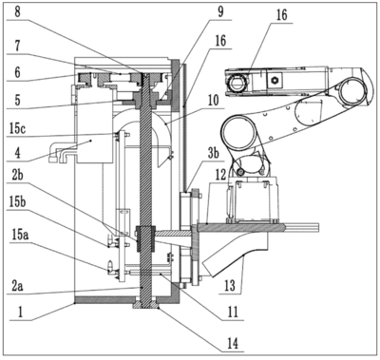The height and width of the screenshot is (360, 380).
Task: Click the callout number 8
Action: (x=18, y=13)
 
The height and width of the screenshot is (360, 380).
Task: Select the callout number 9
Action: (x=220, y=11)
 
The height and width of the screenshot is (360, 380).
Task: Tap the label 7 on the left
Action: (x=18, y=47)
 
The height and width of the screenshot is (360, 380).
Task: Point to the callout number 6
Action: (x=17, y=72)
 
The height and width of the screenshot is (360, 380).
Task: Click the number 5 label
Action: (x=17, y=100)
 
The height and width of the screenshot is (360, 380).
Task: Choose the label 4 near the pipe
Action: (x=18, y=153)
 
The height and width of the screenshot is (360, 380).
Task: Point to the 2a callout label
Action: (x=17, y=287)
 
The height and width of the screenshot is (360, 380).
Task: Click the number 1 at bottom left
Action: (x=20, y=313)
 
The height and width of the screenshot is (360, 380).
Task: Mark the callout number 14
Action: (x=234, y=343)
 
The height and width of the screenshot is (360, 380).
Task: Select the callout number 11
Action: (x=233, y=313)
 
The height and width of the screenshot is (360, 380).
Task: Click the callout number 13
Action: (x=230, y=286)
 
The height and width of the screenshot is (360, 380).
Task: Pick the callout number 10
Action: (x=213, y=101)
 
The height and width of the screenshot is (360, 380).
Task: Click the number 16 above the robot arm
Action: (x=281, y=14)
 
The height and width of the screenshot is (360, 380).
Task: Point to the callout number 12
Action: (x=220, y=174)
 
